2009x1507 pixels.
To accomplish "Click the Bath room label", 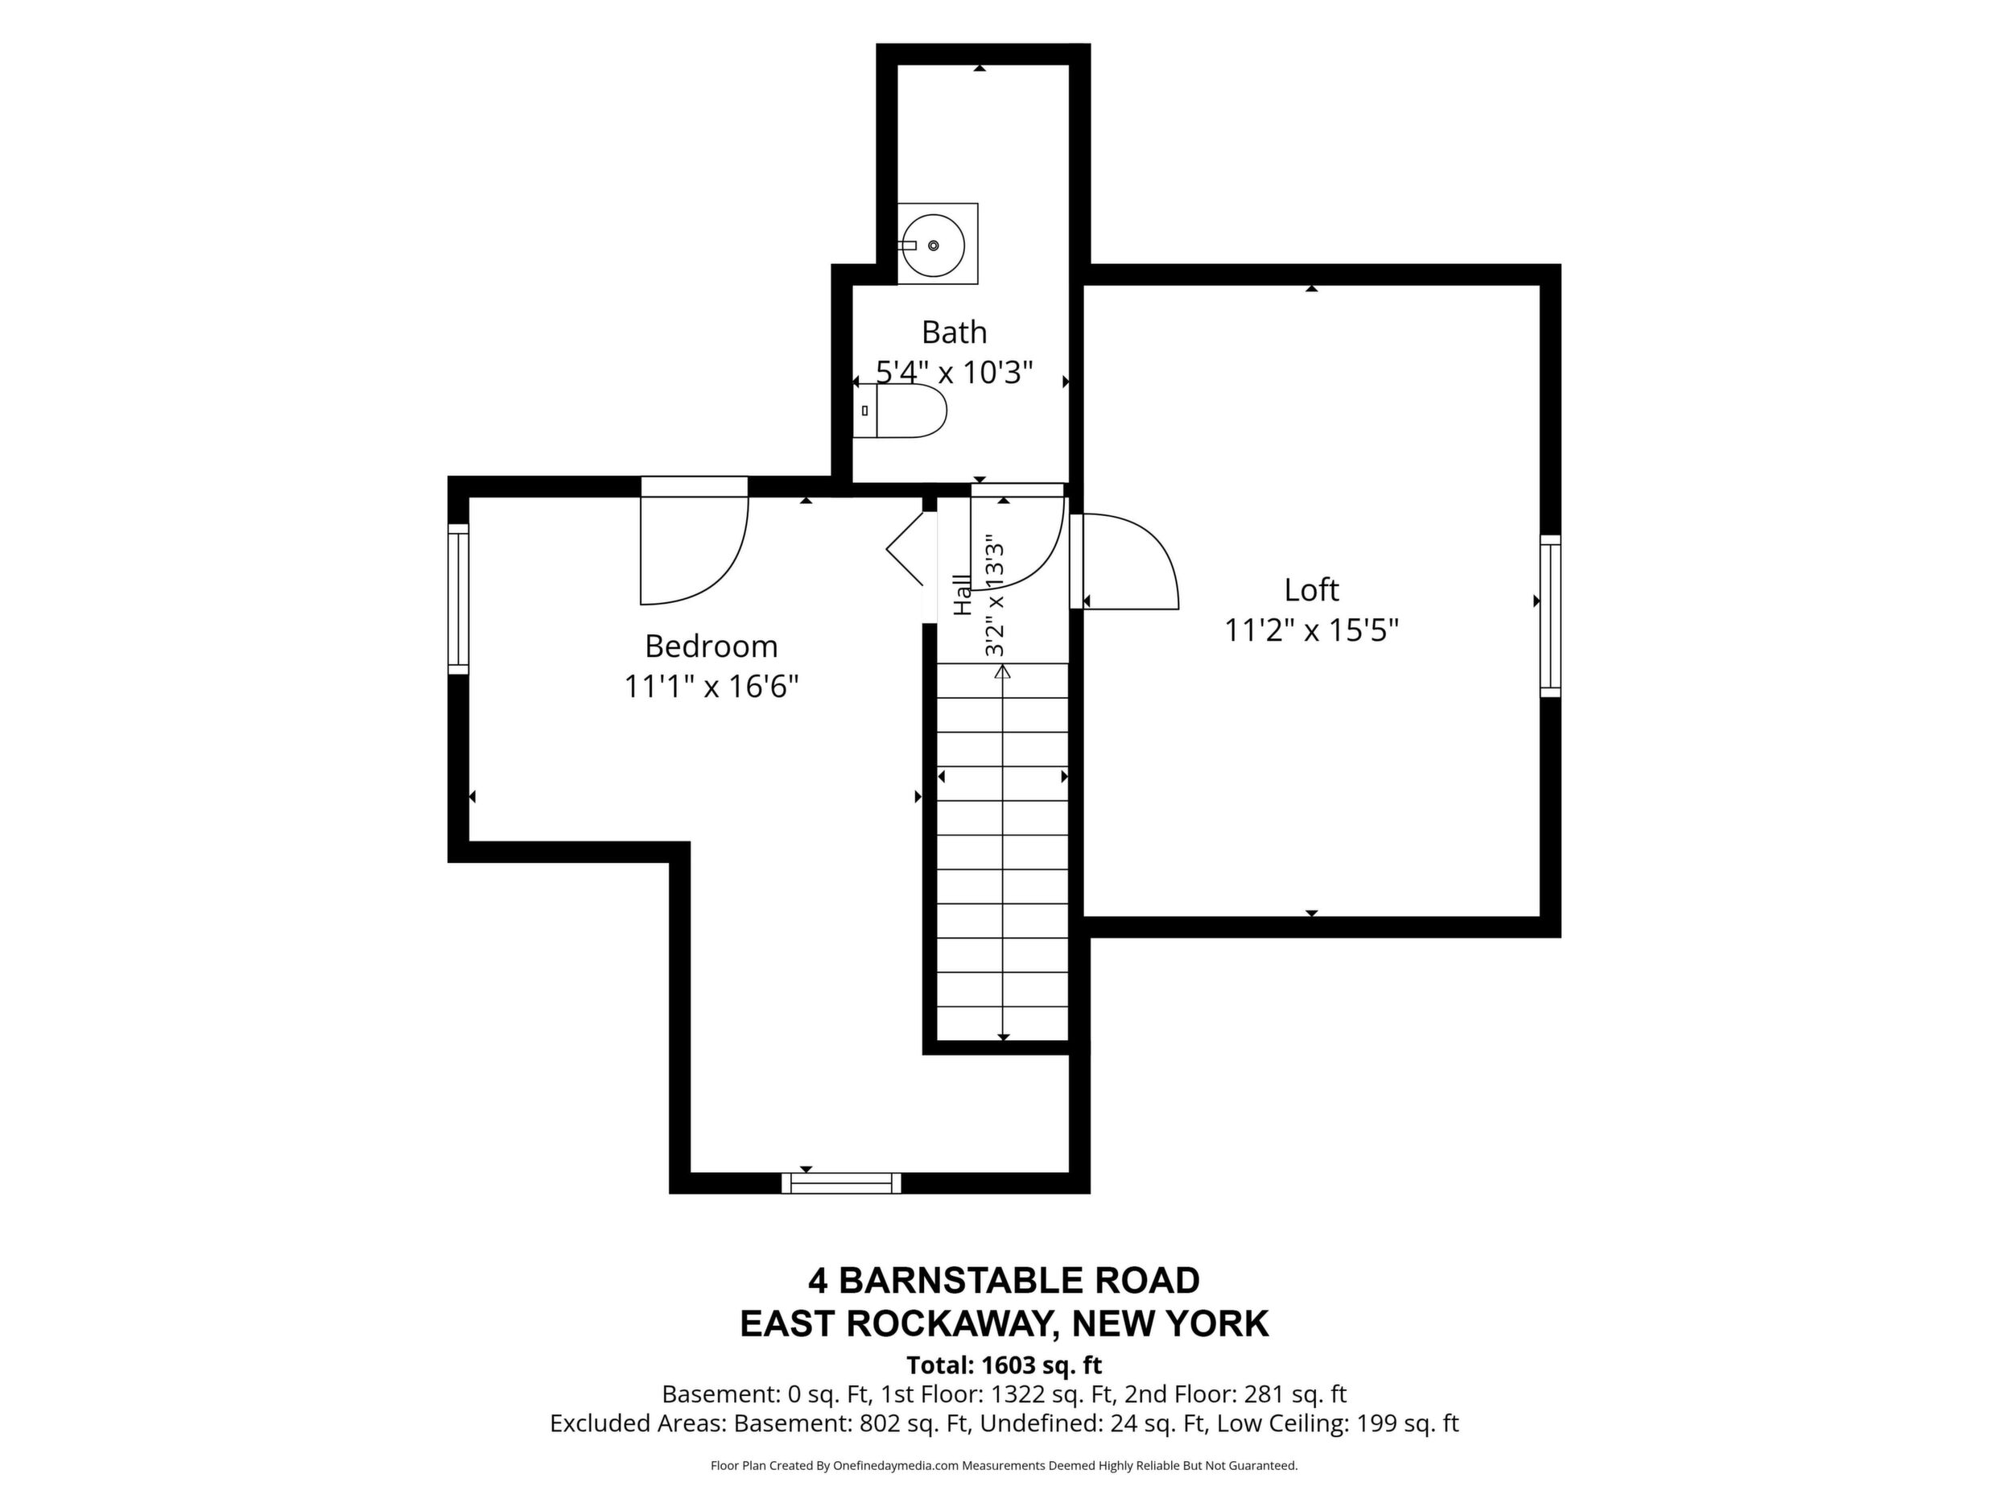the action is [x=954, y=332].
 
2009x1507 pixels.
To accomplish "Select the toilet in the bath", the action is [x=900, y=411].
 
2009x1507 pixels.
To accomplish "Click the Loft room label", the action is [x=1311, y=590].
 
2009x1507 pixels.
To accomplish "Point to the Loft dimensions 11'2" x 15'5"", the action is [x=1311, y=630].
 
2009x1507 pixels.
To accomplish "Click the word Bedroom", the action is [x=712, y=646].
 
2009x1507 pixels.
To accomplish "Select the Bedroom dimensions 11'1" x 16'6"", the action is [x=712, y=687].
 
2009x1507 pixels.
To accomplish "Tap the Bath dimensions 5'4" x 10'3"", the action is [x=955, y=373].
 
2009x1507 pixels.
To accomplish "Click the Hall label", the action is [x=962, y=595].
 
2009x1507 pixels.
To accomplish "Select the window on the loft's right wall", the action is [x=1550, y=616].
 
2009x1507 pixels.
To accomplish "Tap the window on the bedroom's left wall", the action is [x=459, y=600].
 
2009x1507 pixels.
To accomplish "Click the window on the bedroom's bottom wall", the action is [x=841, y=1183].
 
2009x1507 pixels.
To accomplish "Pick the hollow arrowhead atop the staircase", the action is [x=1003, y=672].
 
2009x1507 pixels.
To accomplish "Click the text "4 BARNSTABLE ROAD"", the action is [x=1004, y=1281].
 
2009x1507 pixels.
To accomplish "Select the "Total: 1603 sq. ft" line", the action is [x=1004, y=1365].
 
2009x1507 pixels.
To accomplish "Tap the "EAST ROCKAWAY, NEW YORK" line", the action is [x=1004, y=1324].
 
